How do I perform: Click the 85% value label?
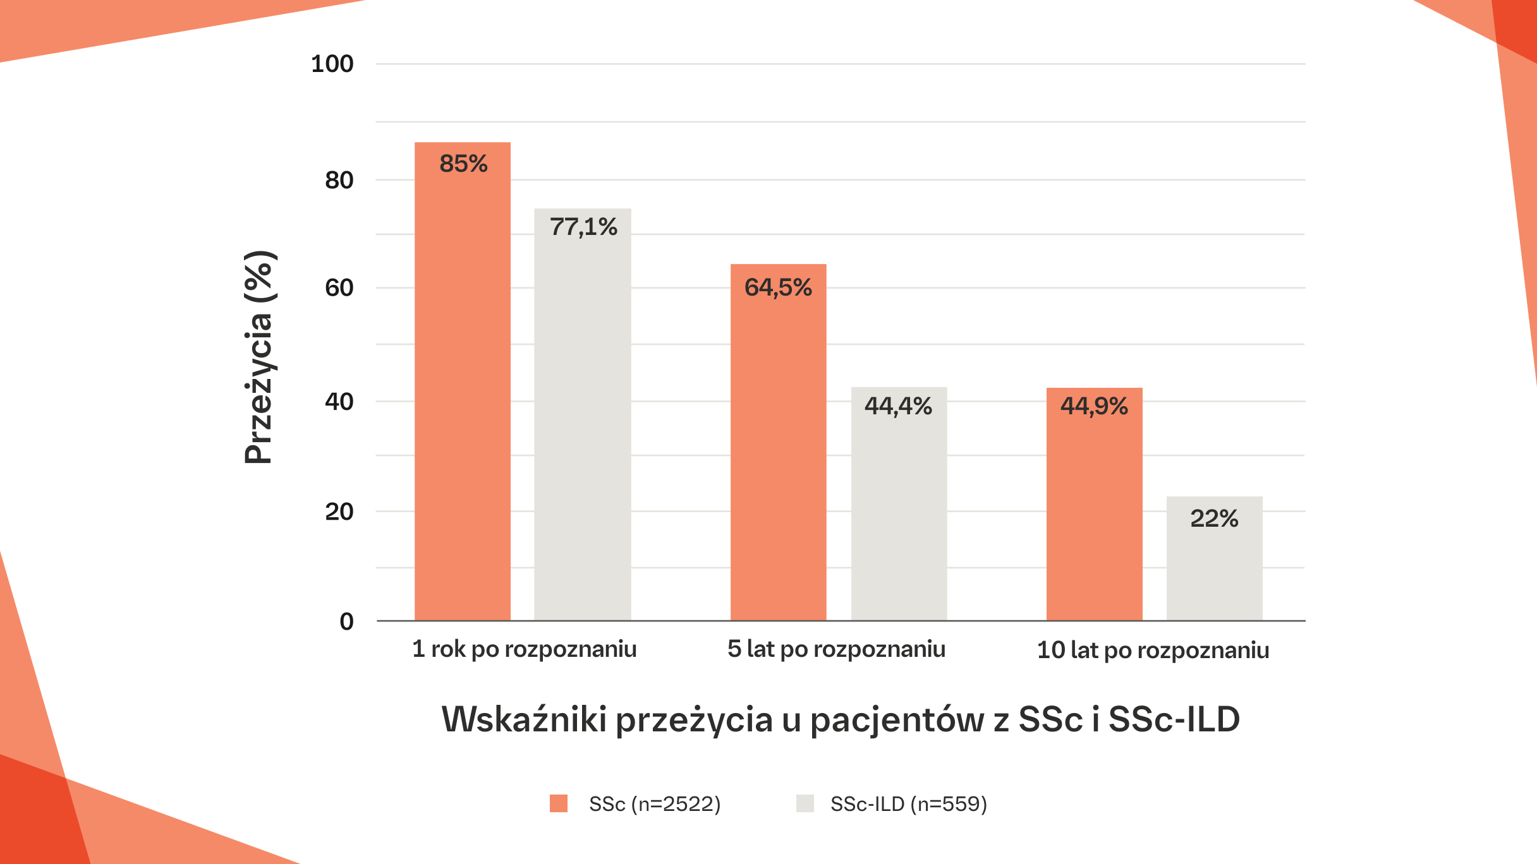(x=463, y=164)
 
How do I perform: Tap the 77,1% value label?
(x=583, y=227)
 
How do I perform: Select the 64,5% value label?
(x=778, y=288)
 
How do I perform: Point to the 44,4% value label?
(x=898, y=406)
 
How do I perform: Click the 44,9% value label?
(x=1094, y=406)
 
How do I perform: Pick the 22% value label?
(x=1214, y=519)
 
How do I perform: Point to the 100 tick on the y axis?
(x=332, y=64)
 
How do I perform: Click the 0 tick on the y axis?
(x=346, y=621)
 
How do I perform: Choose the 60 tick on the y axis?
(x=339, y=288)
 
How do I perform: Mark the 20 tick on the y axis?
(x=339, y=512)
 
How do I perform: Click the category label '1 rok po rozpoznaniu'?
(x=524, y=649)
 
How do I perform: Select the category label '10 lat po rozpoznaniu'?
(x=1153, y=651)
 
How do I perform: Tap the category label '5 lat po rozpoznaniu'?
(x=836, y=649)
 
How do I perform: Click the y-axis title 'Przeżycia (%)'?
(x=258, y=357)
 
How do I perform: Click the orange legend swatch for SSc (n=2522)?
(x=559, y=803)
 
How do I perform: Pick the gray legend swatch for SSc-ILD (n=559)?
(x=805, y=803)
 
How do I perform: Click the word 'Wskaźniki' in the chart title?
(x=524, y=719)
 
